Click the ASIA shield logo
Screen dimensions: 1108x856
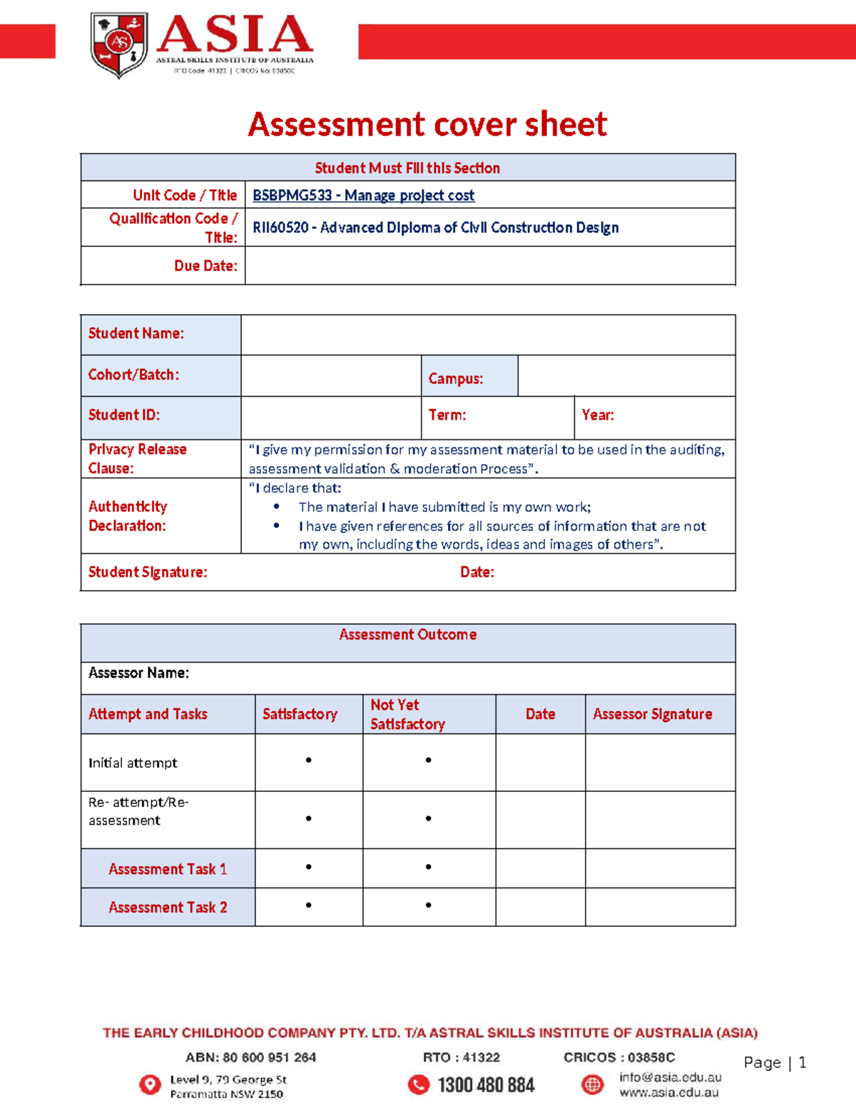[119, 44]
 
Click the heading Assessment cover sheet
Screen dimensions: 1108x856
[427, 125]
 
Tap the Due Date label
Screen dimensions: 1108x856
[205, 266]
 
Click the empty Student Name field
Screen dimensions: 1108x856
[488, 335]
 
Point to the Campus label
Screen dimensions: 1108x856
[455, 379]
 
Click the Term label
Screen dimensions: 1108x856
[447, 415]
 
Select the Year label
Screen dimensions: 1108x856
[597, 415]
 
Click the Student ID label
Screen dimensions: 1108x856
[123, 415]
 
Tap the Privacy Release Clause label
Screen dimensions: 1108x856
[137, 459]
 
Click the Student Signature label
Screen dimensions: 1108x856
[148, 572]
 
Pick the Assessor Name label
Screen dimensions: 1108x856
[138, 673]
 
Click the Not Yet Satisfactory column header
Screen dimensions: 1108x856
[407, 714]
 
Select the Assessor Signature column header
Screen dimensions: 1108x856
[652, 714]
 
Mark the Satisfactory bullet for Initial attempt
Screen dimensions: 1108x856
[308, 761]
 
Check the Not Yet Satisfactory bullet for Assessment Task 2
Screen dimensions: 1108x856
[428, 905]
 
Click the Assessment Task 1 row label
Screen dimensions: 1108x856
[168, 869]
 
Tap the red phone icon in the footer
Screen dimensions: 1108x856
[418, 1085]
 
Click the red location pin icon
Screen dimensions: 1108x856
[150, 1085]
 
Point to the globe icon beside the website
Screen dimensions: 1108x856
[592, 1085]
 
